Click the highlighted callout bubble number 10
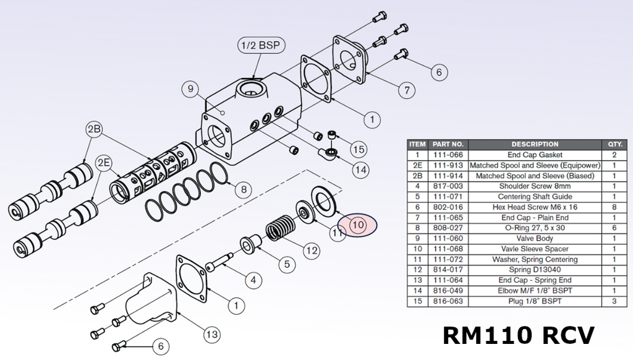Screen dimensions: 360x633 pyautogui.click(x=358, y=226)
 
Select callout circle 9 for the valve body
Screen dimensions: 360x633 pyautogui.click(x=191, y=89)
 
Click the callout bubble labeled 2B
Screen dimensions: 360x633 pyautogui.click(x=94, y=129)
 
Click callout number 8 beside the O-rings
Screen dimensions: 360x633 pyautogui.click(x=243, y=189)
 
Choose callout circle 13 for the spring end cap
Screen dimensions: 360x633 pyautogui.click(x=211, y=335)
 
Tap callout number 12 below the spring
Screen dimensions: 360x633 pyautogui.click(x=311, y=251)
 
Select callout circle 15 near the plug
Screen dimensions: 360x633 pyautogui.click(x=359, y=148)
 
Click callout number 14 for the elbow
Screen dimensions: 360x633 pyautogui.click(x=359, y=168)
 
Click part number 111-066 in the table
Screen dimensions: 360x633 pyautogui.click(x=449, y=155)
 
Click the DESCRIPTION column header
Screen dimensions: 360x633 pyautogui.click(x=535, y=144)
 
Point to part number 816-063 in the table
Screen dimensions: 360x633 pyautogui.click(x=449, y=301)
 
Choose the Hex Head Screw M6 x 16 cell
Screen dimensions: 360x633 pyautogui.click(x=535, y=207)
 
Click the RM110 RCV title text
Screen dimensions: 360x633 pyautogui.click(x=519, y=335)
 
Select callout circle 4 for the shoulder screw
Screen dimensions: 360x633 pyautogui.click(x=252, y=280)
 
